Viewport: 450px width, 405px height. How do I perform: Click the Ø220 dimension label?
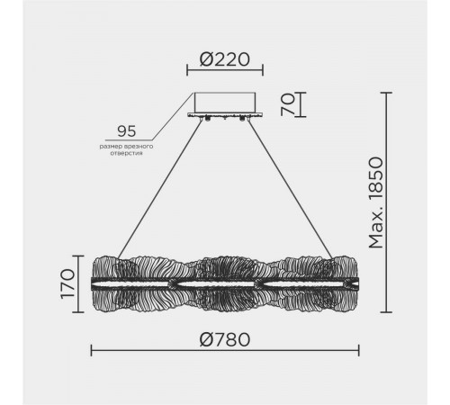click(x=225, y=59)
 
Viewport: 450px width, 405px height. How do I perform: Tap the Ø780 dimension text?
click(x=225, y=339)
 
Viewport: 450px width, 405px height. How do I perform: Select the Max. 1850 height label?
click(x=376, y=202)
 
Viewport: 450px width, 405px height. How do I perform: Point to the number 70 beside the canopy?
click(x=288, y=104)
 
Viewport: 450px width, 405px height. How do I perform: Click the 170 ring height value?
click(x=67, y=283)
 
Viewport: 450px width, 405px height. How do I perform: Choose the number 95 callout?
click(x=126, y=131)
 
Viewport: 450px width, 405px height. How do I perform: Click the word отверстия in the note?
click(x=126, y=153)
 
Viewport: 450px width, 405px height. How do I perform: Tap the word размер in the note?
click(x=109, y=147)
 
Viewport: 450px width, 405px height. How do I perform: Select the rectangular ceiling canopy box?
click(x=225, y=103)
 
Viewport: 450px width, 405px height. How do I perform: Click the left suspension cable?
click(x=159, y=189)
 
